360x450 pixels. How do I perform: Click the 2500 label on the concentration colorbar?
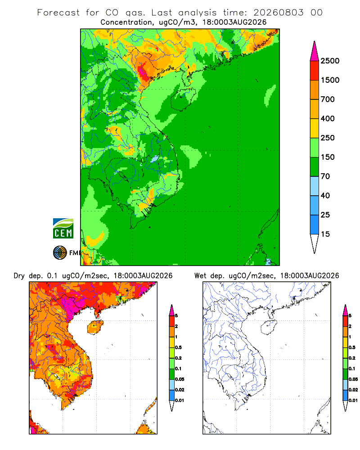[330, 61]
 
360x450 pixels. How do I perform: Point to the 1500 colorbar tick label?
[330, 80]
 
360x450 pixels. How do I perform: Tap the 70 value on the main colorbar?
[325, 176]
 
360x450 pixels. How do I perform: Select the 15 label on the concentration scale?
[325, 234]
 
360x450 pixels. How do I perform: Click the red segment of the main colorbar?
[315, 71]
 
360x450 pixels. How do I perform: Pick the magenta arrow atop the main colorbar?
[315, 51]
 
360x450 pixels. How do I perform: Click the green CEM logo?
[63, 229]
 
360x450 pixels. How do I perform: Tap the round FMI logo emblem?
[60, 253]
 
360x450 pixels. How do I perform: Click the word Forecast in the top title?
[58, 13]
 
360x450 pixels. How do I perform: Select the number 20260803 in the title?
[278, 13]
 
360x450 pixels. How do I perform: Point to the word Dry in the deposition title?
[19, 276]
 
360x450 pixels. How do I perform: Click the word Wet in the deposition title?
[200, 276]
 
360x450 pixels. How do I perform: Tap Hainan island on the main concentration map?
[183, 99]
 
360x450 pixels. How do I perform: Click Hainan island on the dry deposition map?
[95, 327]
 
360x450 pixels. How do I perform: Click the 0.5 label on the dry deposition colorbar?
[178, 347]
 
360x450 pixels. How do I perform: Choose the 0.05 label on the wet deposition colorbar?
[353, 379]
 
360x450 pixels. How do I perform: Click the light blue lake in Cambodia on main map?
[155, 159]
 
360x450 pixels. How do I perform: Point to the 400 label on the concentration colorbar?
[328, 118]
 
